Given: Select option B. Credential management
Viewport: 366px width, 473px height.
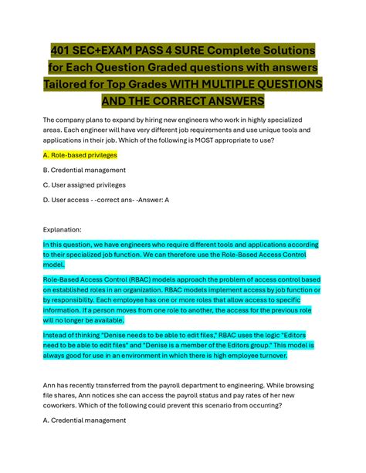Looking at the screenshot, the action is pos(84,170).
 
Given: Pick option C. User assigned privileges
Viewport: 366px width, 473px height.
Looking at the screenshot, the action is pos(85,185).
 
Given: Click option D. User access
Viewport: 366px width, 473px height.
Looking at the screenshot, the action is pos(70,200).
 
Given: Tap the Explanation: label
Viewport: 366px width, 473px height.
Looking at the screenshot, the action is pos(69,229).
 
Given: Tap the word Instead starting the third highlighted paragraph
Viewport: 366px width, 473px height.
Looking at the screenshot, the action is pos(59,336).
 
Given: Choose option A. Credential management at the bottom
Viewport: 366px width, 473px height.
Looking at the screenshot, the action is pos(85,421).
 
